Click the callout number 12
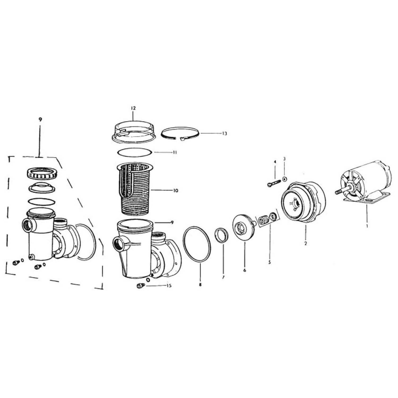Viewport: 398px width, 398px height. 133,108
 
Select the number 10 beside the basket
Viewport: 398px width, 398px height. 175,191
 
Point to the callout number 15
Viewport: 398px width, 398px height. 169,286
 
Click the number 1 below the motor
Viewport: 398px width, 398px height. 367,226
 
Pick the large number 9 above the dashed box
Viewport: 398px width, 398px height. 40,120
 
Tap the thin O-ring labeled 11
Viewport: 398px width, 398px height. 135,153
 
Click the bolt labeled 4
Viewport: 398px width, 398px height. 275,183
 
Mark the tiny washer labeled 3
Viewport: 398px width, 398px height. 284,179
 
